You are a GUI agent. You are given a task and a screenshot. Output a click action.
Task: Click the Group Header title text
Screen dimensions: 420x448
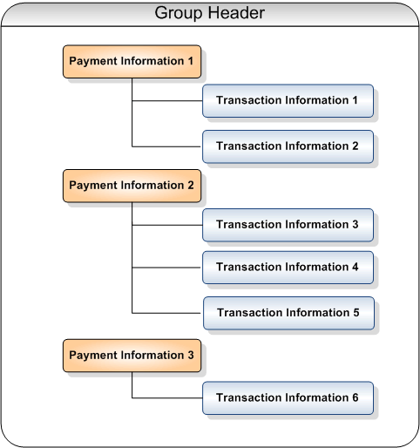(x=209, y=13)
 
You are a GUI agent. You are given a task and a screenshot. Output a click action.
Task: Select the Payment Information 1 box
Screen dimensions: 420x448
(x=132, y=61)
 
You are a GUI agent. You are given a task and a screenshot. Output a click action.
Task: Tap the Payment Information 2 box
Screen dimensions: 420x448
(x=132, y=186)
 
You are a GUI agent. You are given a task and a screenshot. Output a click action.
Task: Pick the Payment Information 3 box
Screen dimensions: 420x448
(x=132, y=356)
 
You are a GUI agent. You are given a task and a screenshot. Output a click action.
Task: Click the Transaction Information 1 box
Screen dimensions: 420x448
(x=288, y=101)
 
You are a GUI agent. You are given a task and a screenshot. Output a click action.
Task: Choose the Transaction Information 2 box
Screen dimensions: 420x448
(x=288, y=146)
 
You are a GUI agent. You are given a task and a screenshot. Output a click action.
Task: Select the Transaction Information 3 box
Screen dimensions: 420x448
(x=288, y=225)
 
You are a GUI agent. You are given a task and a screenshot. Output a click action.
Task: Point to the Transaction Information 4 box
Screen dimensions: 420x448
(x=288, y=268)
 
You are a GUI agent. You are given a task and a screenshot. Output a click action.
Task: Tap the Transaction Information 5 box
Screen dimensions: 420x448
(x=288, y=313)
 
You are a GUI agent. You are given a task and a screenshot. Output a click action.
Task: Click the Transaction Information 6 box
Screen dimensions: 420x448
(x=288, y=397)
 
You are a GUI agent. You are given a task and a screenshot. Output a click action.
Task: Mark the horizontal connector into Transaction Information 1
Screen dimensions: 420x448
(x=167, y=101)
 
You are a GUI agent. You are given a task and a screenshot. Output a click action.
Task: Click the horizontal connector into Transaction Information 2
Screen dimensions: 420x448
(x=166, y=146)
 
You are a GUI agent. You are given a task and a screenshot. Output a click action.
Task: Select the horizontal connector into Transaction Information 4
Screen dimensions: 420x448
(x=166, y=268)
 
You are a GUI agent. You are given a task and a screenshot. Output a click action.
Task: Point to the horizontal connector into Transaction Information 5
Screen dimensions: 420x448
(x=166, y=313)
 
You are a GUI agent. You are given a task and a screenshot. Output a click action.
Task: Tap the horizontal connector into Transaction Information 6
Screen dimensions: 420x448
(x=167, y=397)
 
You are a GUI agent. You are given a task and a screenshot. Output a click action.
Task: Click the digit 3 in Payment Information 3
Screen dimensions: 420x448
(x=191, y=355)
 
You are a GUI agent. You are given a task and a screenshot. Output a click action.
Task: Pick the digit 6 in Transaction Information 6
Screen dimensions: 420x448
(x=356, y=397)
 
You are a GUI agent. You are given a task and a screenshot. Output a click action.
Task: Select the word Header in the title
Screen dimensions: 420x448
(x=236, y=13)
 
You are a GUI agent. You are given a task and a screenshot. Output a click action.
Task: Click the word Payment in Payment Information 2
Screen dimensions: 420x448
(x=93, y=186)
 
